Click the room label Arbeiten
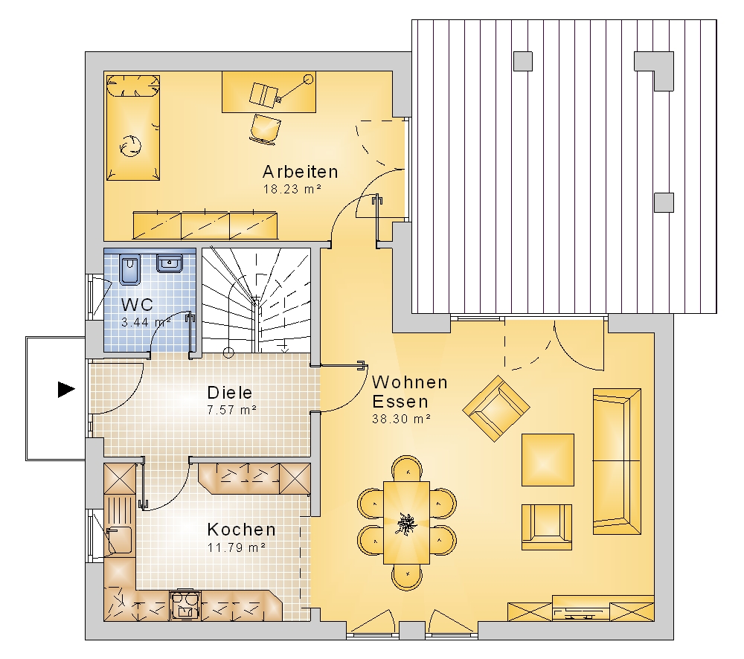click(x=301, y=172)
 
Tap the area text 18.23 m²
click(x=292, y=190)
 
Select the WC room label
click(x=137, y=304)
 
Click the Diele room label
click(x=230, y=393)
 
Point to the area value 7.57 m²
click(x=232, y=410)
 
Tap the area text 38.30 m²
click(x=402, y=419)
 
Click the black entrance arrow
click(x=66, y=390)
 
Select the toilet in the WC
click(x=129, y=269)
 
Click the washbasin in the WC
click(x=170, y=263)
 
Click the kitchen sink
click(x=118, y=540)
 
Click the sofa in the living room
click(x=617, y=462)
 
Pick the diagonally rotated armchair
click(x=496, y=408)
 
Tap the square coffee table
click(x=548, y=460)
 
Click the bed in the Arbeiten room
click(x=133, y=128)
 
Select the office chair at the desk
click(x=266, y=128)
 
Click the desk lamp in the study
click(x=294, y=89)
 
